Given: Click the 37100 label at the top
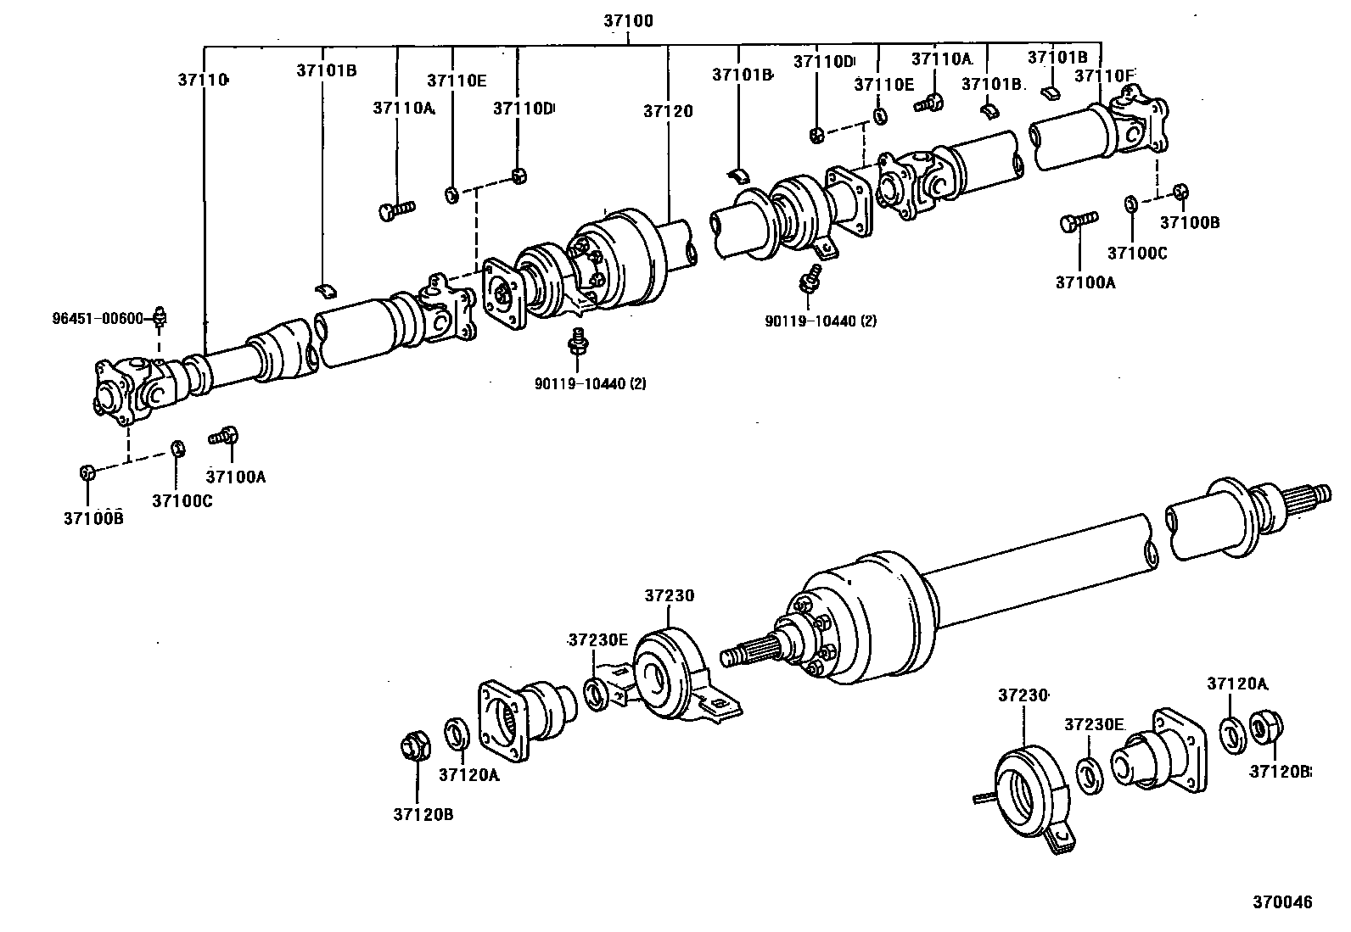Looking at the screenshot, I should (628, 20).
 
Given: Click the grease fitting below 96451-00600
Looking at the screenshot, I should (160, 317).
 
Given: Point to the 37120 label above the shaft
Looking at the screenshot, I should (668, 111).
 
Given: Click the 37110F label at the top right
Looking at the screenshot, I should (1104, 75).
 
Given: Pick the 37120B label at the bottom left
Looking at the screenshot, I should (422, 814).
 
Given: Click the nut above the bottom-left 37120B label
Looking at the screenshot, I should (413, 746).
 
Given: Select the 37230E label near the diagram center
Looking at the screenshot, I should (597, 639).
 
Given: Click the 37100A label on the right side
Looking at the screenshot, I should (1085, 282).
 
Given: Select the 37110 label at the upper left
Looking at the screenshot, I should (203, 80).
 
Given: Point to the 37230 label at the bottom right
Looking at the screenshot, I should (1022, 695).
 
